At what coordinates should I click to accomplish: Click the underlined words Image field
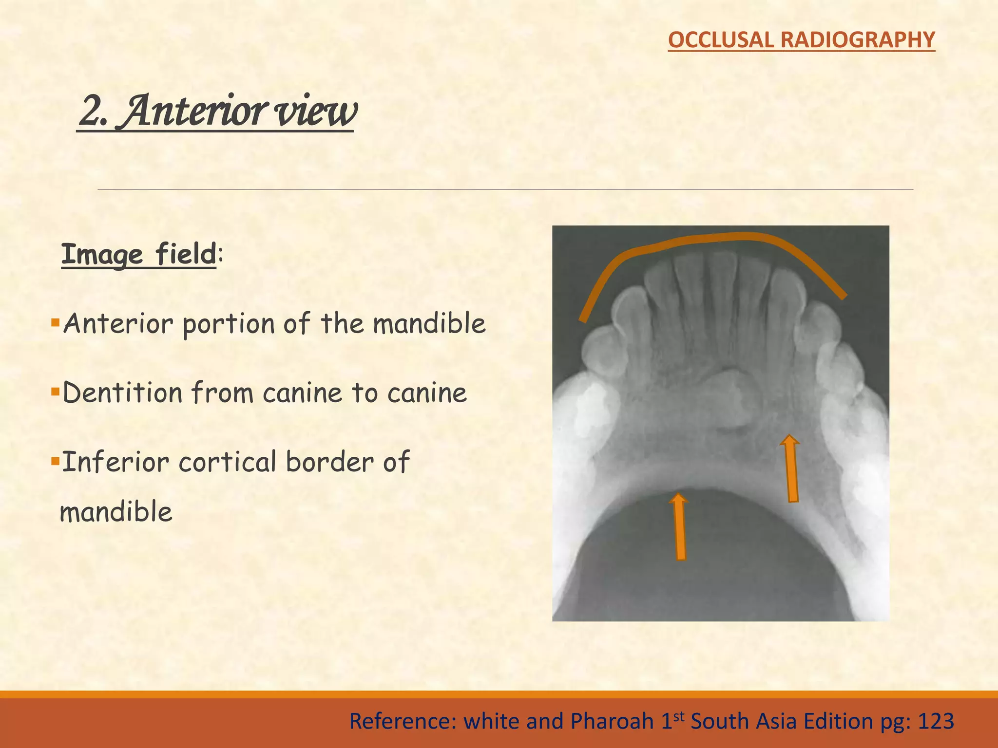(138, 254)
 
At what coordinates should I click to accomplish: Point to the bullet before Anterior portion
(55, 322)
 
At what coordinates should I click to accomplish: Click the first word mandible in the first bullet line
(429, 323)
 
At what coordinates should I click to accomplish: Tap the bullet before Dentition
(55, 392)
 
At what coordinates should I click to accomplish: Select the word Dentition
(122, 393)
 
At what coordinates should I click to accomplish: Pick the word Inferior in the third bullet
(115, 462)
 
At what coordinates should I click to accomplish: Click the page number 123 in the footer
(935, 721)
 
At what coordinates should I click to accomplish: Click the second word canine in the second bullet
(427, 393)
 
